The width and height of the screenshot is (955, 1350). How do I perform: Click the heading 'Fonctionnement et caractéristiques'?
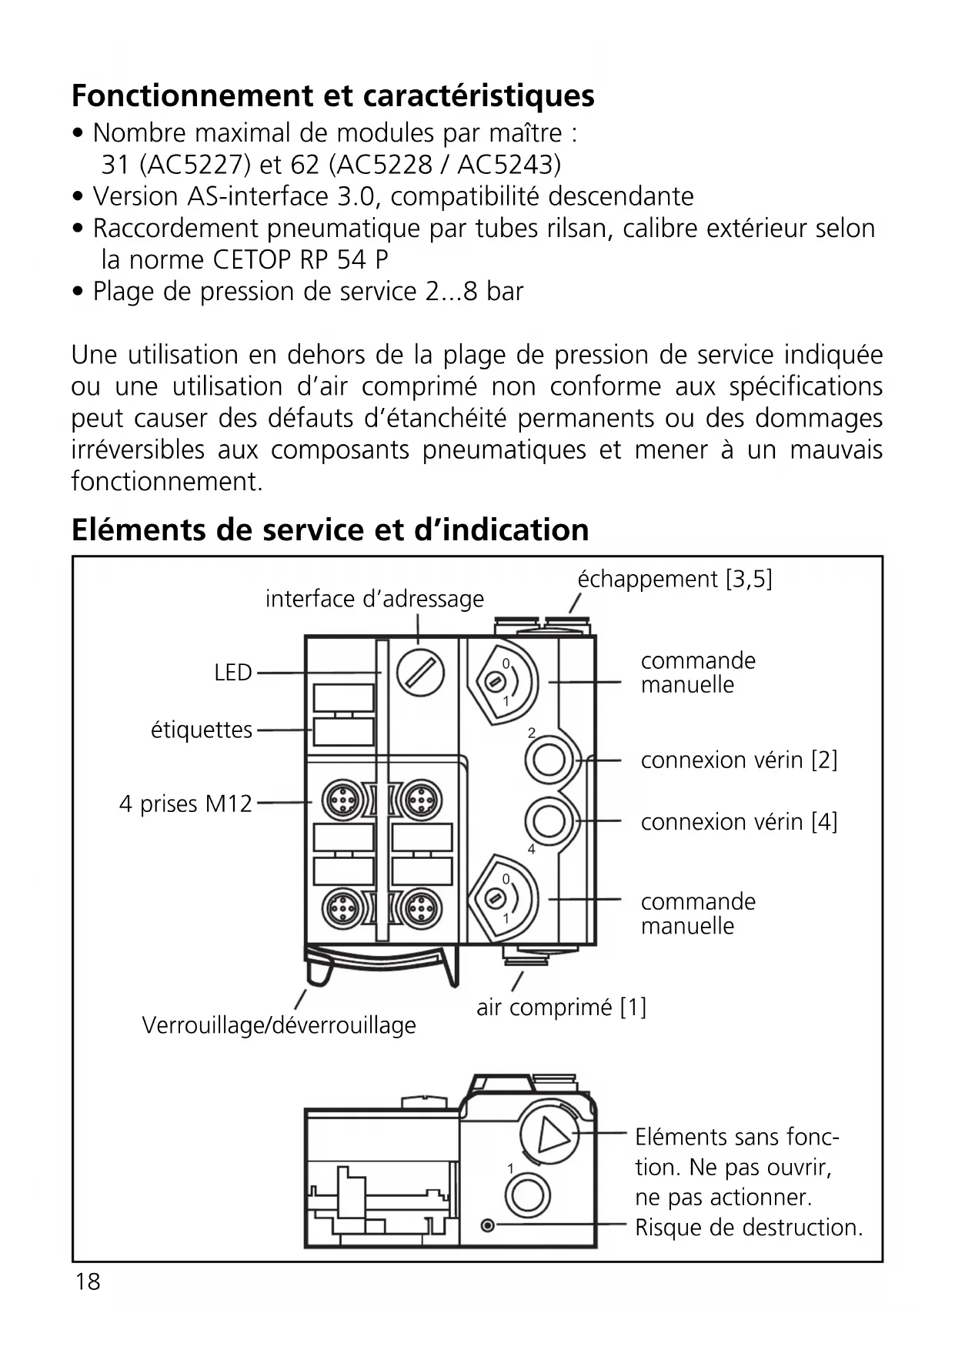(332, 96)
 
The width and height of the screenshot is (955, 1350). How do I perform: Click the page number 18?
(88, 1281)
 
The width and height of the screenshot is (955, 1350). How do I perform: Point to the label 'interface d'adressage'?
(375, 599)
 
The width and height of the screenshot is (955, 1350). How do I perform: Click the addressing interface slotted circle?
(420, 672)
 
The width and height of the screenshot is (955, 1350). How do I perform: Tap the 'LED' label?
(233, 673)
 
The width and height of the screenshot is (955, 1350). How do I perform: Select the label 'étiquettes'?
(202, 730)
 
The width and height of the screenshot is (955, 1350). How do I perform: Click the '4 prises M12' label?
(185, 804)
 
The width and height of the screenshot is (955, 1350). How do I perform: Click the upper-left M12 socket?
(339, 802)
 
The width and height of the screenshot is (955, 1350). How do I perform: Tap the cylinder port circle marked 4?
(549, 821)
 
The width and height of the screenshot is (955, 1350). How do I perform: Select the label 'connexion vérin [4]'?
(739, 822)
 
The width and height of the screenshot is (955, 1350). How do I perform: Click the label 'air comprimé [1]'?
(561, 1007)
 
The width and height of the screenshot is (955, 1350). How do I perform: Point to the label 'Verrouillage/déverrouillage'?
(279, 1025)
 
